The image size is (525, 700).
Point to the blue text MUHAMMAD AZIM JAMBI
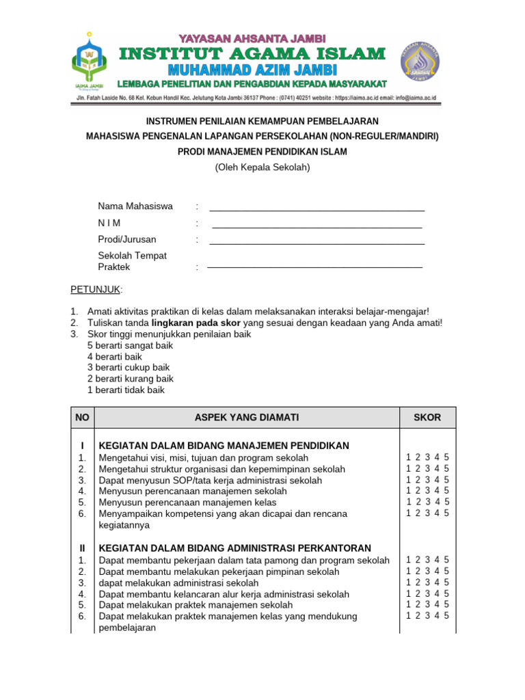(252, 70)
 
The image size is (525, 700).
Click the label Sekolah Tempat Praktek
(132, 261)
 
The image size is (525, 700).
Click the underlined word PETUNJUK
(95, 289)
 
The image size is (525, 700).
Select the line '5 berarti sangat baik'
(130, 345)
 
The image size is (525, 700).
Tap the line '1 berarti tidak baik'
(126, 390)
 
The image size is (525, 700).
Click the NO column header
(82, 418)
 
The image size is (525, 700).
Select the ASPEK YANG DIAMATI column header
(247, 418)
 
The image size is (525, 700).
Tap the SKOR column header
(427, 418)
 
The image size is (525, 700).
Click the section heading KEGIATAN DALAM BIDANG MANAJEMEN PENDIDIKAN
(224, 446)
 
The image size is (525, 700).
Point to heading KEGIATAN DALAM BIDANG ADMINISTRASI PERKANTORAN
(235, 548)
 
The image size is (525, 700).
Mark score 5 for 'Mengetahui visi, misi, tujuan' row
(446, 457)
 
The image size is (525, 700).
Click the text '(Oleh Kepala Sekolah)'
(262, 167)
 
